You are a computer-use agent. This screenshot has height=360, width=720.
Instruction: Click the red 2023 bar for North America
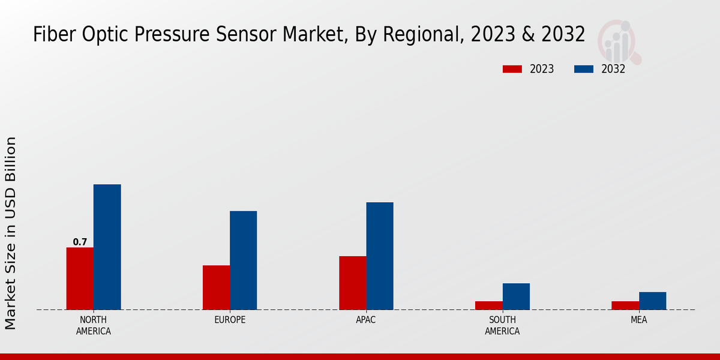click(80, 278)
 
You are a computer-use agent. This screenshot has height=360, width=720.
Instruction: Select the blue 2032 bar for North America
click(107, 247)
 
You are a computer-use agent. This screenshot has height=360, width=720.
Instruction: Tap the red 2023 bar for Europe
click(216, 287)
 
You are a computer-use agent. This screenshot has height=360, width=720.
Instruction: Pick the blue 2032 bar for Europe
click(243, 260)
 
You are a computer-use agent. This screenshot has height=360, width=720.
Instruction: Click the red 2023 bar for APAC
click(352, 283)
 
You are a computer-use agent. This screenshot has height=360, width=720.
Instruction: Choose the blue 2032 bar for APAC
click(380, 256)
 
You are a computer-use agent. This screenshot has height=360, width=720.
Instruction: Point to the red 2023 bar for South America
click(488, 305)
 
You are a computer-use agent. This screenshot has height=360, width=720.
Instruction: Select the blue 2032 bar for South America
click(516, 296)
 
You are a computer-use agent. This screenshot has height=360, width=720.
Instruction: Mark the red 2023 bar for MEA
click(625, 305)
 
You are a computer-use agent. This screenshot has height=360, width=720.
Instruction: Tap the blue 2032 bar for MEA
click(652, 301)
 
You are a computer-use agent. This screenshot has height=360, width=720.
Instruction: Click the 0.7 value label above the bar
click(80, 242)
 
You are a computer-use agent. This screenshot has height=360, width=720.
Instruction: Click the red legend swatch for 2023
click(512, 69)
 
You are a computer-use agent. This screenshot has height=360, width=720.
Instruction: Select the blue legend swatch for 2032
click(583, 69)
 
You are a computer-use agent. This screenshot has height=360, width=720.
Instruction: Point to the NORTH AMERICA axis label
click(93, 325)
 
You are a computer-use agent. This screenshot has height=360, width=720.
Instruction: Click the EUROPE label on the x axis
click(230, 320)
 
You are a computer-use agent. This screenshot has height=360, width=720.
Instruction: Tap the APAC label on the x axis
click(366, 320)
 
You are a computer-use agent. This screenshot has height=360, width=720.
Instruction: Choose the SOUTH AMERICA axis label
click(502, 325)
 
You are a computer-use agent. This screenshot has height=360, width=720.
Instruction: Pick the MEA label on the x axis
click(638, 320)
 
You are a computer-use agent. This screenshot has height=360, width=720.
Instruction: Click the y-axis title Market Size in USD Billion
click(11, 233)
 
